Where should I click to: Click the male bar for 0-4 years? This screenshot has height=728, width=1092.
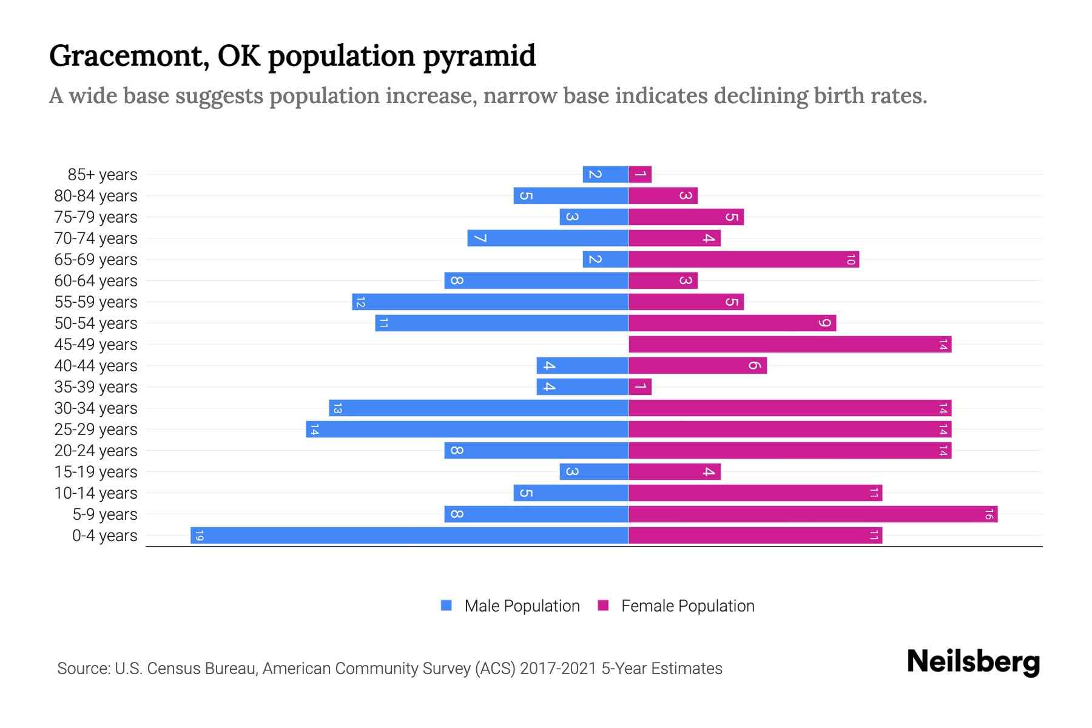409,535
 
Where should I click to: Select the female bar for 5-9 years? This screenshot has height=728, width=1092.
813,514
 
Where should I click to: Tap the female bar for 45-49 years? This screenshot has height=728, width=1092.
790,344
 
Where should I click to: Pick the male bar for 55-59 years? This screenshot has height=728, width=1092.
490,302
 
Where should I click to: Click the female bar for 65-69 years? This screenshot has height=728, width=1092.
744,259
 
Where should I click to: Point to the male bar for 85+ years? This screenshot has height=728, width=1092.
605,174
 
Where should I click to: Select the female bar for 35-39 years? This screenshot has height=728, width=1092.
640,386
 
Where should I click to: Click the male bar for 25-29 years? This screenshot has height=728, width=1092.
467,429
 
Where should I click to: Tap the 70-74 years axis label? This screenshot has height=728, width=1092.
96,238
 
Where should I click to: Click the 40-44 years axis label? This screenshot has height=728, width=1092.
96,365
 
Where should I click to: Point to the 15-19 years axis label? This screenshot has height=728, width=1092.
96,471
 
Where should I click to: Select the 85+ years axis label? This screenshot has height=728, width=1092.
103,174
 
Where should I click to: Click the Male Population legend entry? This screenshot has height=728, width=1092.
510,605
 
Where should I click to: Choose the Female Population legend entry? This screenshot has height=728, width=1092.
676,605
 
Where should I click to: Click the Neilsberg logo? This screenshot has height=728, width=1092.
973,661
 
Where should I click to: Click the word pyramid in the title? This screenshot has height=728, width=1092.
479,56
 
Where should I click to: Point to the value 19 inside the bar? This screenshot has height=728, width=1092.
200,535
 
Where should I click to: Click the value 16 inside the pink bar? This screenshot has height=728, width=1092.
989,514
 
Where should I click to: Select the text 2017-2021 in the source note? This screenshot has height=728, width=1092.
558,669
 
